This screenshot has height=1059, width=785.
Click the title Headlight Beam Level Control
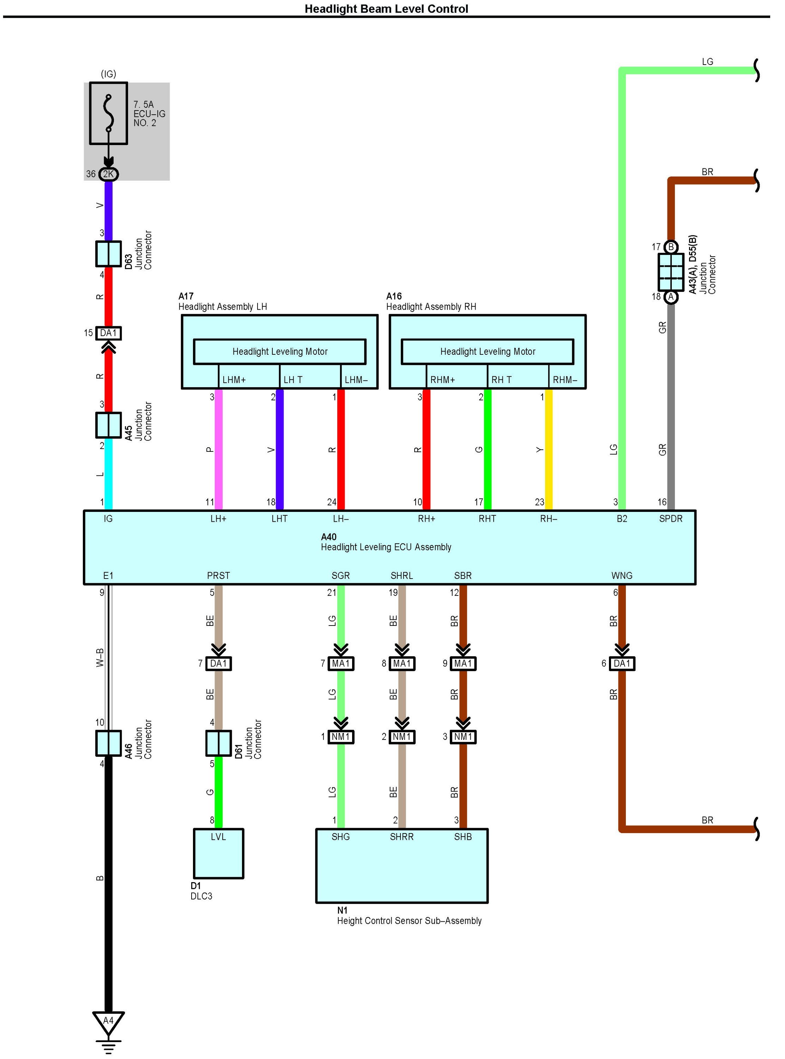(386, 9)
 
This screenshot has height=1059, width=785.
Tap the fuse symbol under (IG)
(108, 113)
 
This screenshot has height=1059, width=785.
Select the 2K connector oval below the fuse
(108, 174)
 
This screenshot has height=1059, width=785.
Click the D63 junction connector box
(108, 253)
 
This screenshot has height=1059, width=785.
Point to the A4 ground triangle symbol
(108, 1021)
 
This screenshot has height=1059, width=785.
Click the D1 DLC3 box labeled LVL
(218, 853)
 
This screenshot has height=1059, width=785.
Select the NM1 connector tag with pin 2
(401, 737)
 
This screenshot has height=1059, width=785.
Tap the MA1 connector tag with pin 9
(463, 663)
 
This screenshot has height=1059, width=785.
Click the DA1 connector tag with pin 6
(622, 663)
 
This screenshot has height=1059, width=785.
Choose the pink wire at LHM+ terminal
(219, 449)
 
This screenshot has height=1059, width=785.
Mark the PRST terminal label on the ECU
(218, 576)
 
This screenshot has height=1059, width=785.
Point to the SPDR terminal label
(670, 519)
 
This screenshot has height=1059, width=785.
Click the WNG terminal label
(622, 576)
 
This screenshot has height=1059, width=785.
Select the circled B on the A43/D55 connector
(670, 247)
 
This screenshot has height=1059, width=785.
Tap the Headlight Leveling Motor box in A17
(279, 351)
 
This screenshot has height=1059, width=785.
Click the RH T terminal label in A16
(501, 380)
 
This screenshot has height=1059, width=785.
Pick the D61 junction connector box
(218, 743)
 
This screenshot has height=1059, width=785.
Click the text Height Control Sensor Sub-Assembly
(409, 921)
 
